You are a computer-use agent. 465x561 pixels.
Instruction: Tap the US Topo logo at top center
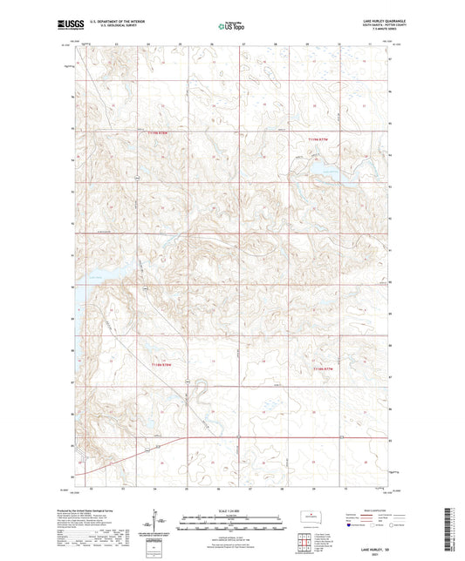(229, 26)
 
